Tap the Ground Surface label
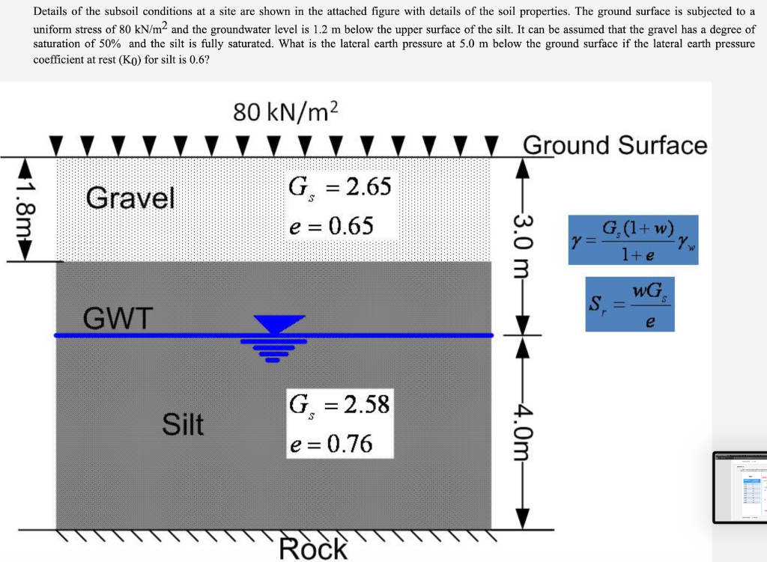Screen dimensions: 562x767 coord(614,144)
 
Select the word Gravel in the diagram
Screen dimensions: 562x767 coord(130,198)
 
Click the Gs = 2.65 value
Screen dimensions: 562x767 coord(339,186)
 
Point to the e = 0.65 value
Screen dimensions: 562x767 coord(330,225)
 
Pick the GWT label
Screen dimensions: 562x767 coord(118,320)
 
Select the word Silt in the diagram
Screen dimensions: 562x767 coord(184,425)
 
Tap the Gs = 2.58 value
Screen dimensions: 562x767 coord(339,406)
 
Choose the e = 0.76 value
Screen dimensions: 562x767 coord(330,444)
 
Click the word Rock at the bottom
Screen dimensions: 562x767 coord(313,549)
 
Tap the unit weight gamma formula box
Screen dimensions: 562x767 coord(633,239)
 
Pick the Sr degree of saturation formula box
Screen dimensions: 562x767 coord(631,304)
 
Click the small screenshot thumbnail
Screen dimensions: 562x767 coord(739,487)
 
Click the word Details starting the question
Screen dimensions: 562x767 coord(51,11)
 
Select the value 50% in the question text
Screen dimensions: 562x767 coord(115,43)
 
